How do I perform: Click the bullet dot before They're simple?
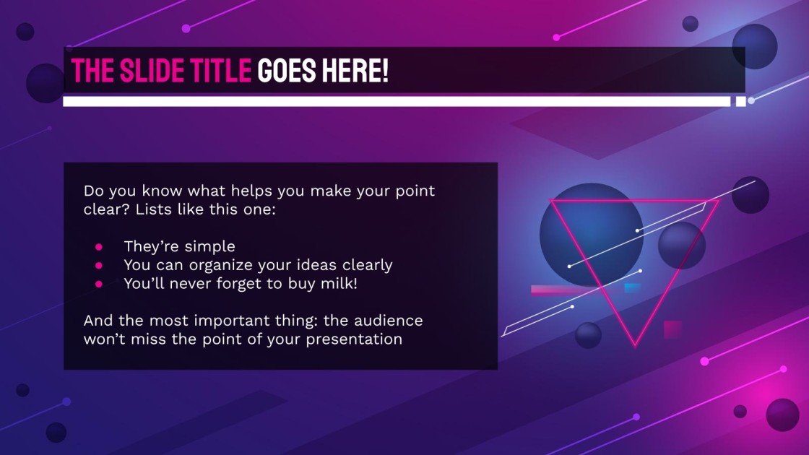(x=99, y=247)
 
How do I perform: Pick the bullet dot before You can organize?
(x=99, y=265)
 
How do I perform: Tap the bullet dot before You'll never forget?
(x=99, y=284)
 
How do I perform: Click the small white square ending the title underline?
(x=740, y=101)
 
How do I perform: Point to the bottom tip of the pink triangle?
(x=636, y=344)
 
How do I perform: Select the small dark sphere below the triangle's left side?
(x=588, y=335)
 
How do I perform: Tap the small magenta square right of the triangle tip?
(x=672, y=329)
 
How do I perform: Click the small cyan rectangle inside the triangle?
(x=632, y=288)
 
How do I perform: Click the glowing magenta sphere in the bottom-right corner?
(x=782, y=414)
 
